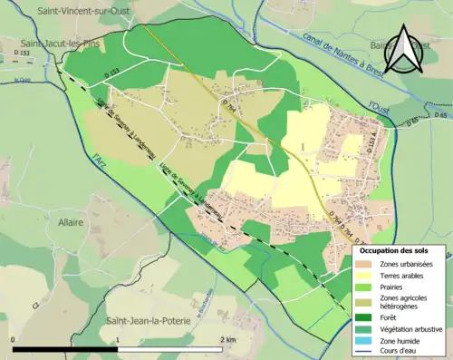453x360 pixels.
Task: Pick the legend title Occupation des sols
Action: pyautogui.click(x=394, y=249)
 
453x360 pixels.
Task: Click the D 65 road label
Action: pyautogui.click(x=441, y=116)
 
